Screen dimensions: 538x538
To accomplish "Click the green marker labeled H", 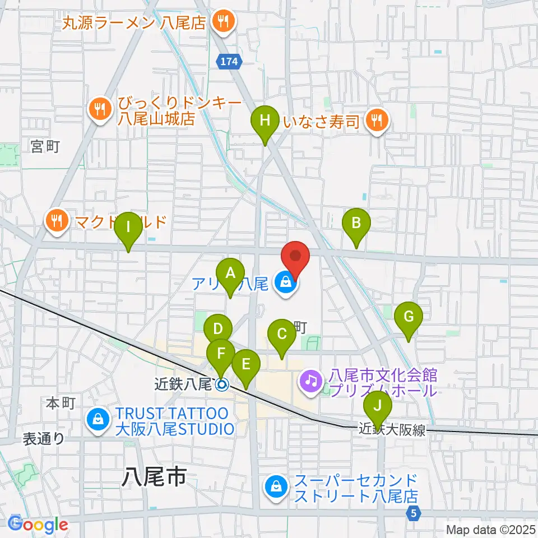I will coord(265,120).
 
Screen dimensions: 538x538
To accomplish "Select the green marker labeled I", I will coord(128,228).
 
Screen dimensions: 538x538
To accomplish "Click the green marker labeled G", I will coord(409,317).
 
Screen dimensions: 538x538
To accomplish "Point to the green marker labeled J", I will coord(378,405).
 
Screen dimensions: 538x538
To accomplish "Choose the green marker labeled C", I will coord(282,334).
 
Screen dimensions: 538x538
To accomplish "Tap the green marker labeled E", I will coord(245,364).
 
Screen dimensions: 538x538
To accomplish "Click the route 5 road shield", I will coord(413,512).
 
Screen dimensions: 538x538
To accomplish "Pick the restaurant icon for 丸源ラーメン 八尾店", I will coord(223,22).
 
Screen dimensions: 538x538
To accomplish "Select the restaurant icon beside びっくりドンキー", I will coord(100,109).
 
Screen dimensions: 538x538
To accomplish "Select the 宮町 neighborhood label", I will coord(45,147).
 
